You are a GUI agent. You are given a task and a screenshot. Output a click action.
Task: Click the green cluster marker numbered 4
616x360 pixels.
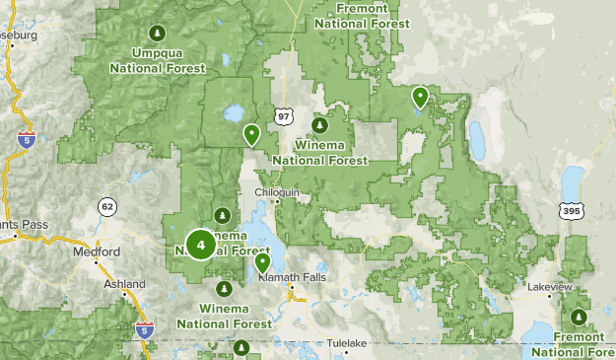201,244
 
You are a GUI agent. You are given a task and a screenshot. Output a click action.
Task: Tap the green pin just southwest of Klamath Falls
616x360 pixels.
263,263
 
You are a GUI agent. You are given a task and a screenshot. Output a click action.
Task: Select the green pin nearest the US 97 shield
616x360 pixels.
251,133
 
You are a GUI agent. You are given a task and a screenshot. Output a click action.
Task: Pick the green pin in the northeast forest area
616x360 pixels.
420,97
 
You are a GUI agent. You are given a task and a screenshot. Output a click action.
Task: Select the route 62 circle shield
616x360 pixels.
106,207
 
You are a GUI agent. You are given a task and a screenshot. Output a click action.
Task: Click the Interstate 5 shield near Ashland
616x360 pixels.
145,329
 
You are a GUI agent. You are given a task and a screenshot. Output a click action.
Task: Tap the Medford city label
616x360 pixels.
97,252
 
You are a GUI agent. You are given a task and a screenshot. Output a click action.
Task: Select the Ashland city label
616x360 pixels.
124,284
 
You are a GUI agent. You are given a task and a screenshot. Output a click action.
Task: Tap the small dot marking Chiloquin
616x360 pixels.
278,202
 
